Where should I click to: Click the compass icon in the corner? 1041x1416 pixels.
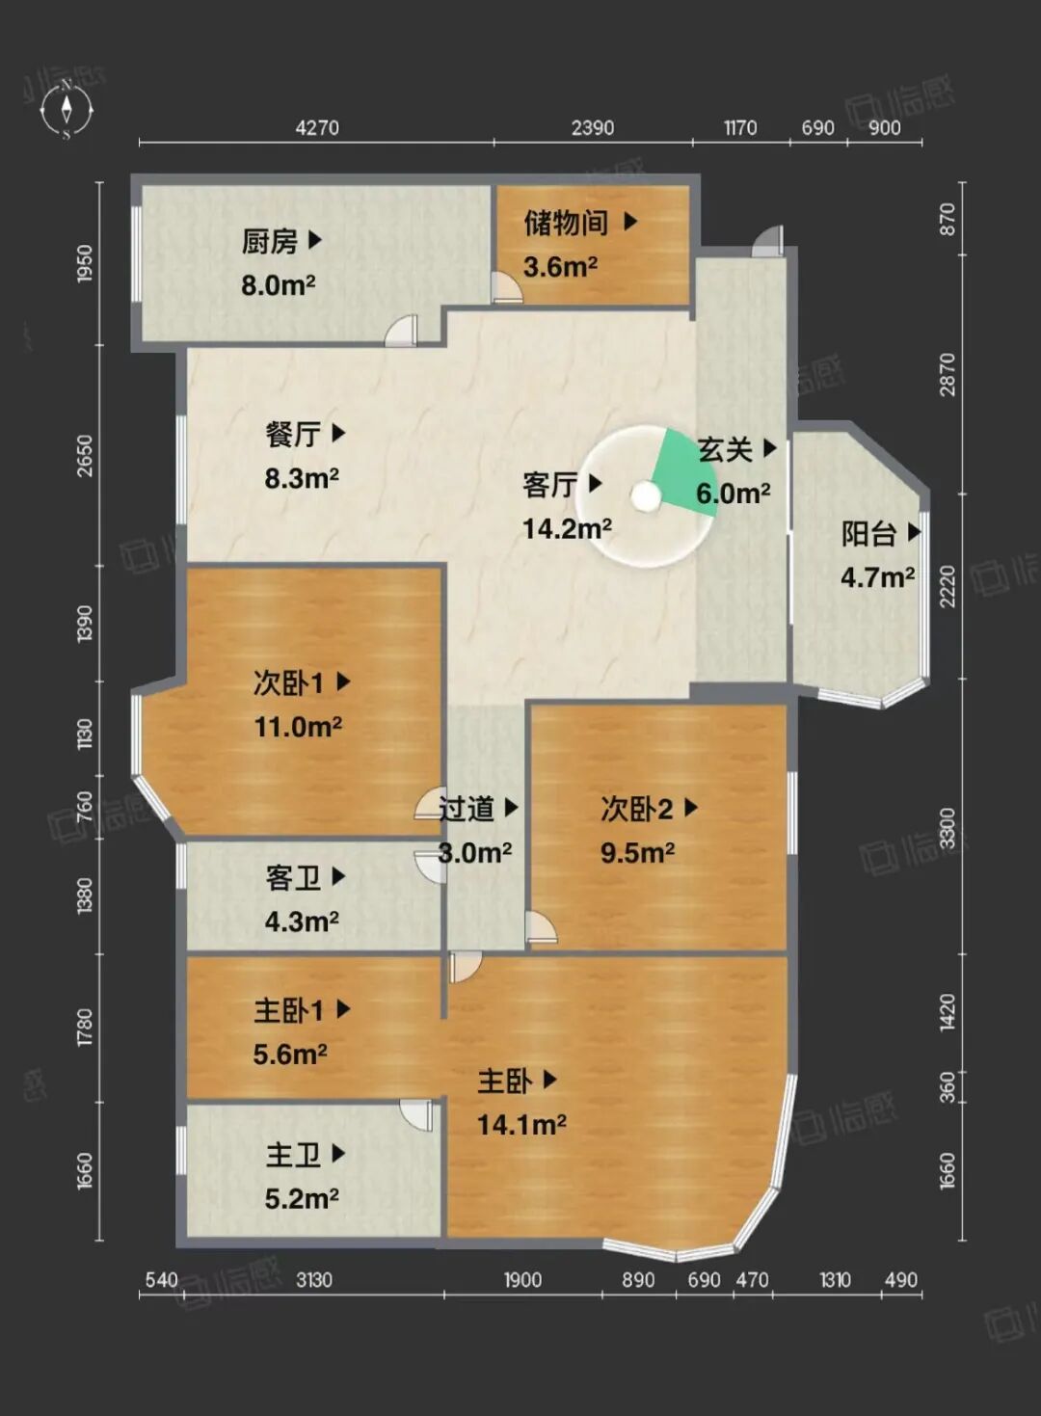67,110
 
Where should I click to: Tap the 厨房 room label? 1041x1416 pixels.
269,242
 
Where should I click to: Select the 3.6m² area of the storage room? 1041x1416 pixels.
560,267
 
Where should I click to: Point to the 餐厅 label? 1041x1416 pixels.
293,435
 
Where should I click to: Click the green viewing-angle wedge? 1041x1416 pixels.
681,471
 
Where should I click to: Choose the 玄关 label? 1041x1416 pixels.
725,449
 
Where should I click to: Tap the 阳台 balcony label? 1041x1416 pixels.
868,534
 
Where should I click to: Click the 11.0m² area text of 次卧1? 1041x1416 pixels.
298,727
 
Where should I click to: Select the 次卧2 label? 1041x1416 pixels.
637,809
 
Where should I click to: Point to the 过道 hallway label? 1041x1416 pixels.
466,809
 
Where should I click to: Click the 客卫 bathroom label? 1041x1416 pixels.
293,878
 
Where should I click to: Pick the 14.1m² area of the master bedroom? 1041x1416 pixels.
521,1125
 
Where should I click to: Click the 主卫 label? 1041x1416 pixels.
293,1155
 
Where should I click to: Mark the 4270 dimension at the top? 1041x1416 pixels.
317,128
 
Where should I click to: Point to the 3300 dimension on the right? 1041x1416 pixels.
947,828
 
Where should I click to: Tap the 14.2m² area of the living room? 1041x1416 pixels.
567,528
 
